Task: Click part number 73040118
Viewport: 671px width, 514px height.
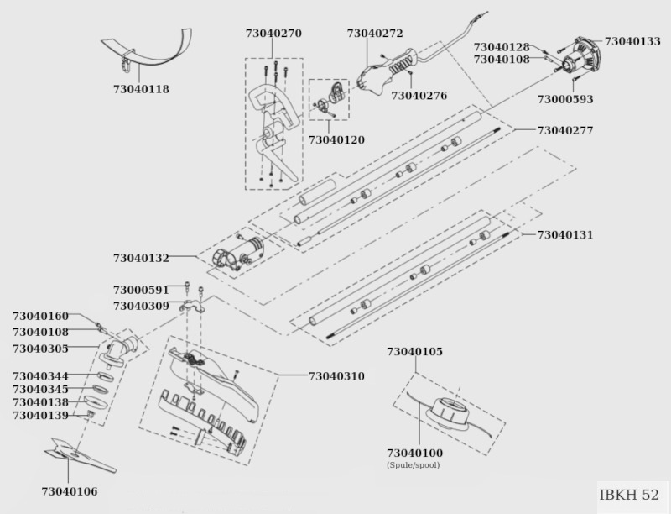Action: click(141, 89)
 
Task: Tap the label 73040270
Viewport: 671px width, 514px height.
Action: click(273, 34)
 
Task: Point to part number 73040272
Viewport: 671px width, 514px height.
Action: click(375, 34)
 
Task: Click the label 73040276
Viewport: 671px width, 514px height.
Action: click(419, 96)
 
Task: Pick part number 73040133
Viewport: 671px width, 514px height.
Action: click(632, 41)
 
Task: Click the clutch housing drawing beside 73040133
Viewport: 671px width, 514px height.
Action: click(580, 56)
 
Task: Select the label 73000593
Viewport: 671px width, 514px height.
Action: click(565, 99)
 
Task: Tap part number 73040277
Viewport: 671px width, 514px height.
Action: click(565, 130)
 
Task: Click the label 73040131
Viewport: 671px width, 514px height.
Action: click(565, 234)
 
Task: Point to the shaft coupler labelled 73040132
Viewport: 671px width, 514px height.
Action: click(238, 254)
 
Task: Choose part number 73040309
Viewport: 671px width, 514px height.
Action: click(141, 307)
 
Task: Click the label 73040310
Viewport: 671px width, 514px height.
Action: click(336, 376)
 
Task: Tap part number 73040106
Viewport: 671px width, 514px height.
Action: click(70, 491)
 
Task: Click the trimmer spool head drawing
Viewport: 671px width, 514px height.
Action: click(447, 413)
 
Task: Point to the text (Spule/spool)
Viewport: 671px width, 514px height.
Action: click(413, 465)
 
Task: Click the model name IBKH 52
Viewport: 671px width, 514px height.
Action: click(628, 495)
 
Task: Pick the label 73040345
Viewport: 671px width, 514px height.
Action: click(40, 390)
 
